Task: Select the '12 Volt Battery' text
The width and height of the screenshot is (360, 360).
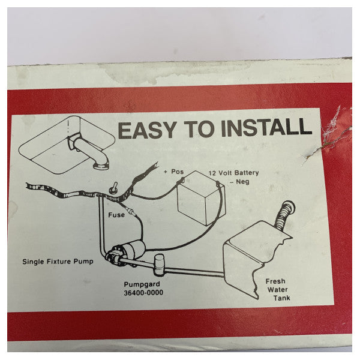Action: (x=233, y=172)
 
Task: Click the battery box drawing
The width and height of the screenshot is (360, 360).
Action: (x=202, y=198)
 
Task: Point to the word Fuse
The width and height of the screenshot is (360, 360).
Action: (x=116, y=214)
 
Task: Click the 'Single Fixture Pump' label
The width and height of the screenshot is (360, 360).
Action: (x=58, y=262)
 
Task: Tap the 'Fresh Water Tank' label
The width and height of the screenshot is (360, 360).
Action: (x=276, y=289)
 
